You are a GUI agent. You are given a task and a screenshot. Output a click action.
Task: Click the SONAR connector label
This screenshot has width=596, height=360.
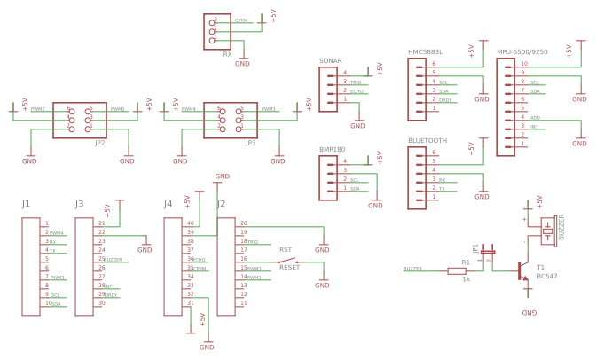pyautogui.click(x=330, y=61)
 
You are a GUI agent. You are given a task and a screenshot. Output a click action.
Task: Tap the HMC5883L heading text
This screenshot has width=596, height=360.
pyautogui.click(x=425, y=52)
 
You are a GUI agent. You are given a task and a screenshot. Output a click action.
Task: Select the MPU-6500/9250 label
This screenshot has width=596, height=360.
pyautogui.click(x=521, y=52)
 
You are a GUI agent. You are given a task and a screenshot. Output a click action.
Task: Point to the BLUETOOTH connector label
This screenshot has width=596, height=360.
pyautogui.click(x=427, y=141)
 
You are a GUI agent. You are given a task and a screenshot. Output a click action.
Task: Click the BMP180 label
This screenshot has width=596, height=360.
pyautogui.click(x=332, y=150)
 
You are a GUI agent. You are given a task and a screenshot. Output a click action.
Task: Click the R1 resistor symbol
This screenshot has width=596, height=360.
pyautogui.click(x=465, y=270)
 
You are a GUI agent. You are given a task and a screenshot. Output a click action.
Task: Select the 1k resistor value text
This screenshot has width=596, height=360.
pyautogui.click(x=465, y=279)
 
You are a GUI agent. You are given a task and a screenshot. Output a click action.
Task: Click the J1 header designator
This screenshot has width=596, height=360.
pyautogui.click(x=27, y=205)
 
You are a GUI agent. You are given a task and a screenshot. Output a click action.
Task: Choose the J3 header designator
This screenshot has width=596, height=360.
pyautogui.click(x=80, y=205)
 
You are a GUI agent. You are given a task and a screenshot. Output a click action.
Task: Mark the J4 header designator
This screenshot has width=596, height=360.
pyautogui.click(x=168, y=205)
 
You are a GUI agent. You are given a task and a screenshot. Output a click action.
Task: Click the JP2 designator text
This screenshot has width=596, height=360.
pyautogui.click(x=99, y=142)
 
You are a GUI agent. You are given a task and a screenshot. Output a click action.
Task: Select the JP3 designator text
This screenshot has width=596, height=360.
pyautogui.click(x=250, y=142)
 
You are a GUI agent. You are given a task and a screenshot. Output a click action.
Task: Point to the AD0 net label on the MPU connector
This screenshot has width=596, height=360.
pyautogui.click(x=535, y=117)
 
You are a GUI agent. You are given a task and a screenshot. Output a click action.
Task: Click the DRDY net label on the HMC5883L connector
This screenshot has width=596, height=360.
pyautogui.click(x=446, y=99)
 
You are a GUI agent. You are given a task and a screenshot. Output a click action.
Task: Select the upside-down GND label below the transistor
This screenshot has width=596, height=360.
pyautogui.click(x=529, y=314)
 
